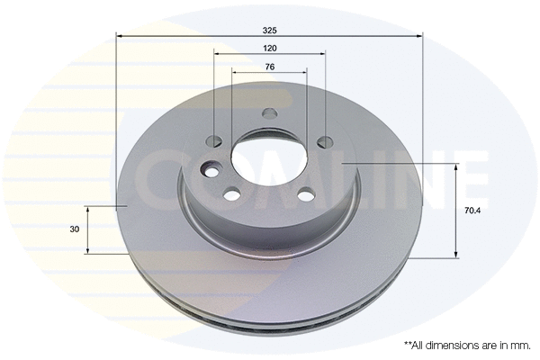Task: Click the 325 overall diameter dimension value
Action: [269, 29]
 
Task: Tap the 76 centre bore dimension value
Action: [269, 67]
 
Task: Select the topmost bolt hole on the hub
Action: [269, 114]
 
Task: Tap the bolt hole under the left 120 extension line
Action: [215, 140]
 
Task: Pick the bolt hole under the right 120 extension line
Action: [324, 140]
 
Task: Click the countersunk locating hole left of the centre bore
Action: [212, 170]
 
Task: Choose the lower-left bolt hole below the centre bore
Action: [233, 193]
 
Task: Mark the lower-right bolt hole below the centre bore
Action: [306, 193]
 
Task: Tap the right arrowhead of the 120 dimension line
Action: [321, 54]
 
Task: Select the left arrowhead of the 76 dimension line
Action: [236, 74]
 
